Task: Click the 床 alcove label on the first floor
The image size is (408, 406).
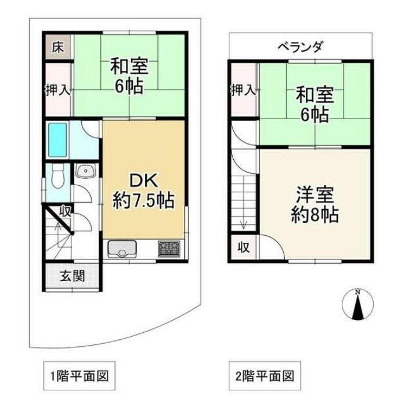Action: pos(57,48)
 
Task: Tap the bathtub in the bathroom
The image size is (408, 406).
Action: pos(57,140)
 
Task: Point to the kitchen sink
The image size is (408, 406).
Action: pos(122,249)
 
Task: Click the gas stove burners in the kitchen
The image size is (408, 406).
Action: pos(169,249)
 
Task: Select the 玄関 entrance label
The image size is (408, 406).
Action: pos(73,276)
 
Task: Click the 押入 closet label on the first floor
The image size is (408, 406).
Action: pos(58,90)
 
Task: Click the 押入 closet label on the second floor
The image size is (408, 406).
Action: pos(244,90)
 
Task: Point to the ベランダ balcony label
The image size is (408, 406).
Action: pos(301,47)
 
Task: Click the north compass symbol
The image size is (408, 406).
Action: pos(358,304)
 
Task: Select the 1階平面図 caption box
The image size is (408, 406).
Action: pos(79,376)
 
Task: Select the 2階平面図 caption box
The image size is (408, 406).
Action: pos(265,376)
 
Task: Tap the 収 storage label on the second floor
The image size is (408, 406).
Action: pos(244,247)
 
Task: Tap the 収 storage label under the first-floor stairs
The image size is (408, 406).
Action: pos(66,211)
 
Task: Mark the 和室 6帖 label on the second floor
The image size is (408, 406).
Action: pos(315,105)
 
